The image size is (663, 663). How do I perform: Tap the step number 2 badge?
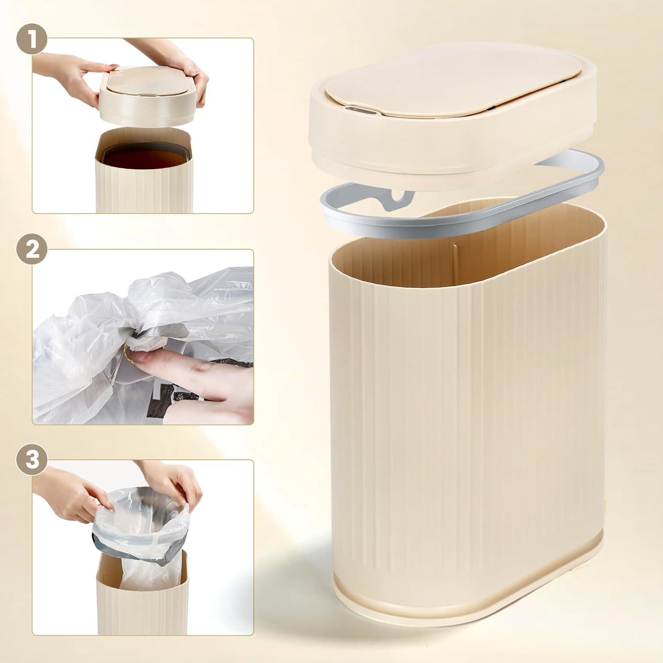point(31,251)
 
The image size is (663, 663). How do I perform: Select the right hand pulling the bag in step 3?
point(181,482)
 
